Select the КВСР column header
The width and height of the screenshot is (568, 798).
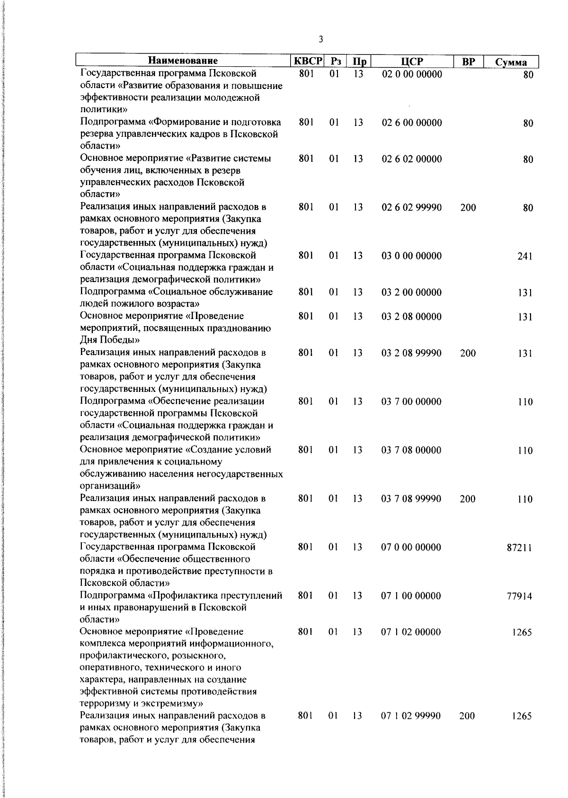[x=308, y=62]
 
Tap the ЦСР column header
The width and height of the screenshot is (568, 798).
[x=412, y=62]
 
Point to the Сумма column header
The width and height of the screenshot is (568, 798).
[x=511, y=62]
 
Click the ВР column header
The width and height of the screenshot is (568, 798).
[x=468, y=62]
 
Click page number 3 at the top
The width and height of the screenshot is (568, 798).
[x=321, y=39]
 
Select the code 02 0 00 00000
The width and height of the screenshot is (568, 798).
[x=412, y=74]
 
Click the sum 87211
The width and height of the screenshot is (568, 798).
[x=519, y=548]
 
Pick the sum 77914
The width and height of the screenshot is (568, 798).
[x=519, y=596]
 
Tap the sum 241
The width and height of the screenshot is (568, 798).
[x=525, y=257]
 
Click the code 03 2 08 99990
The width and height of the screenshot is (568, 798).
[x=411, y=353]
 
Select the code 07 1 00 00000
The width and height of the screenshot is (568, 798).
[x=411, y=596]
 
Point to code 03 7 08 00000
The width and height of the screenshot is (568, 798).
[x=411, y=450]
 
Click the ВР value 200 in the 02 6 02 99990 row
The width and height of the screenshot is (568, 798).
[x=468, y=207]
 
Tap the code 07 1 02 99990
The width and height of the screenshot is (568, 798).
[x=411, y=716]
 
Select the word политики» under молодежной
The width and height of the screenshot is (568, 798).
[x=100, y=110]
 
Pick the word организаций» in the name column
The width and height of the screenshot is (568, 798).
[x=110, y=486]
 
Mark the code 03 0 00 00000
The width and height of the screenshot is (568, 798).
[x=411, y=256]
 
